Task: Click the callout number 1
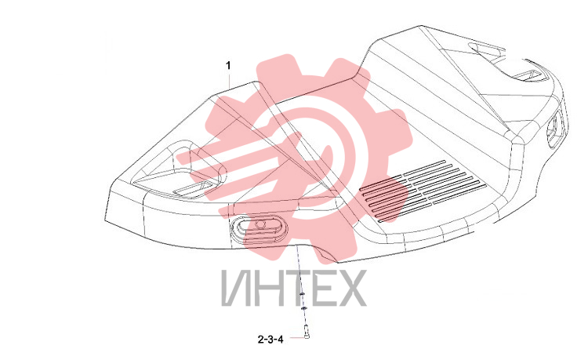click(228, 66)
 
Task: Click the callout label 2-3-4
click(270, 340)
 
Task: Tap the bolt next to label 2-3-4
click(307, 332)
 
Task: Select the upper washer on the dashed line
click(303, 294)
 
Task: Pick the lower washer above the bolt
click(303, 308)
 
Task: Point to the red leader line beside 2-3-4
click(296, 337)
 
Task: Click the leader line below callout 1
click(230, 81)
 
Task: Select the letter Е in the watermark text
click(324, 289)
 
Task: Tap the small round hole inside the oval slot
click(260, 224)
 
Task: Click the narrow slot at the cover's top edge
click(485, 49)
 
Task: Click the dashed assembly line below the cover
click(302, 285)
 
